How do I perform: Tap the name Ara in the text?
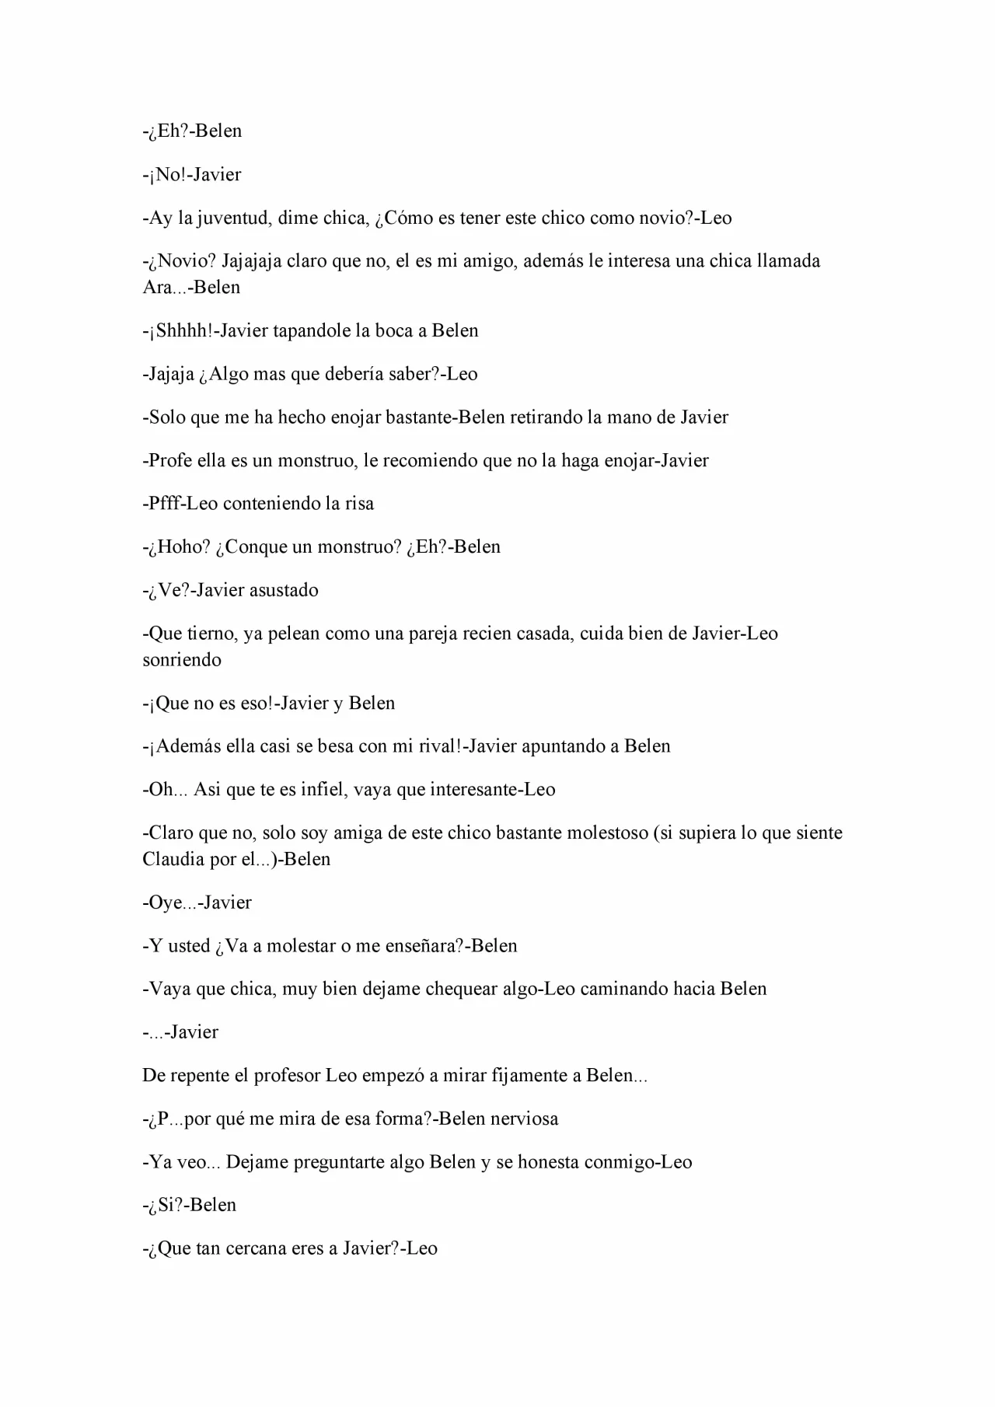[155, 288]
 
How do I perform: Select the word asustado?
[284, 591]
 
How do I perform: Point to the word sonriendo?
[182, 661]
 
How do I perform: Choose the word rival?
[440, 746]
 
